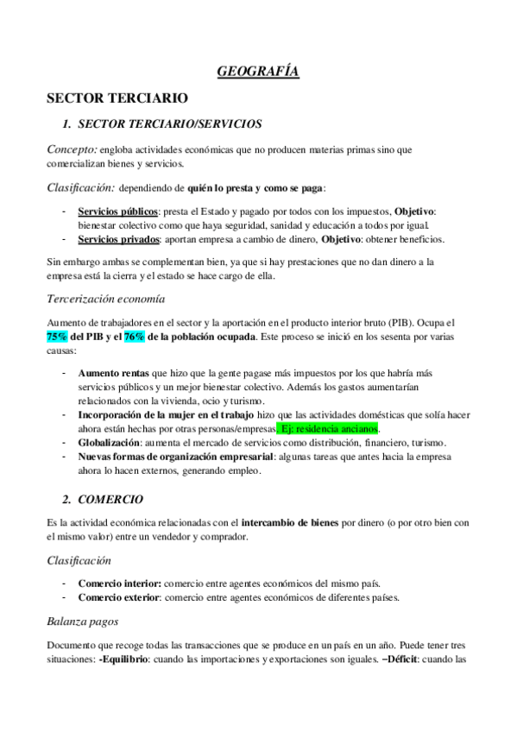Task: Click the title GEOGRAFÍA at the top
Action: click(258, 73)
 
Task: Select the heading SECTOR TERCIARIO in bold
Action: click(117, 99)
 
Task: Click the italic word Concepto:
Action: click(72, 149)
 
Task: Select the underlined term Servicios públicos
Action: click(117, 212)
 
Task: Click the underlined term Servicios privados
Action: click(116, 238)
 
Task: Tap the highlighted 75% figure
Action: click(57, 337)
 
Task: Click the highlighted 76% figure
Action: click(135, 337)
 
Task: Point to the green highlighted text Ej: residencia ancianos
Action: click(330, 428)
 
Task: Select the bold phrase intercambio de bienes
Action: click(290, 523)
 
